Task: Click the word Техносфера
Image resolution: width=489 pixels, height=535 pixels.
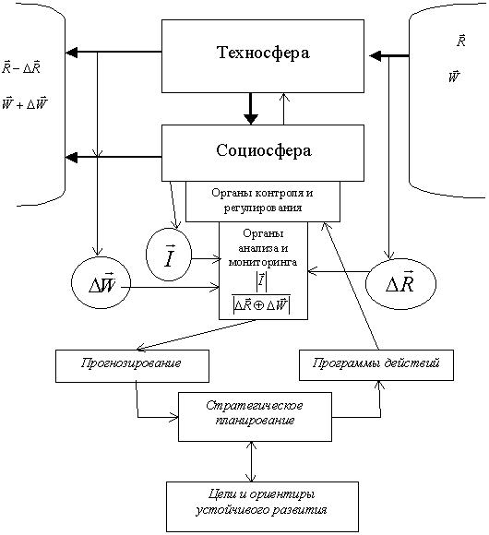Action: [x=263, y=53]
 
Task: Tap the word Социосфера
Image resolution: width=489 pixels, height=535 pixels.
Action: [x=264, y=150]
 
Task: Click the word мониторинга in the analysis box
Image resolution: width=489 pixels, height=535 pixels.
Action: [x=263, y=262]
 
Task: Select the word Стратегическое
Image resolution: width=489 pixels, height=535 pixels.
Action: [x=255, y=406]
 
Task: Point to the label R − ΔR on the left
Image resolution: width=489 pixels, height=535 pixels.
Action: [x=21, y=67]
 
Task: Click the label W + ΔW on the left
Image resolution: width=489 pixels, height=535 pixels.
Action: [x=25, y=103]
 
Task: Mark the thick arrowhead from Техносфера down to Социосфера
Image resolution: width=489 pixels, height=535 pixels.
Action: [x=251, y=118]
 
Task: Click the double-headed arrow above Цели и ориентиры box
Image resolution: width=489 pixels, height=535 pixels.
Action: [x=252, y=461]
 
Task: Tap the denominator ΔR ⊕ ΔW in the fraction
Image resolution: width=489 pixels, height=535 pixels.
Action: [x=261, y=304]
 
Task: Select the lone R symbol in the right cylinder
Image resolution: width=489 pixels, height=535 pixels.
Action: [x=461, y=41]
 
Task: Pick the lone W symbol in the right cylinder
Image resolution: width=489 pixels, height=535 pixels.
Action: [x=454, y=77]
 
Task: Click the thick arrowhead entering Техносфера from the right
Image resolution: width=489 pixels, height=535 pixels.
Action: [x=376, y=55]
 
